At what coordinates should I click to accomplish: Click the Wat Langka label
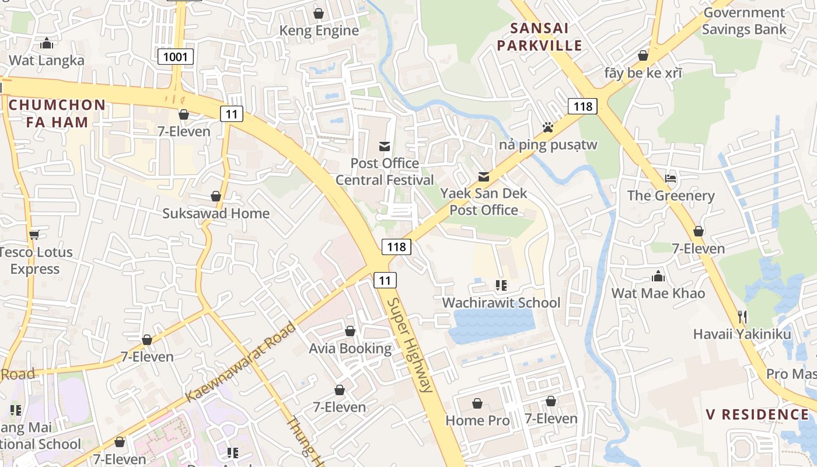(47, 60)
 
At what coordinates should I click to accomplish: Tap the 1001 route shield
(176, 57)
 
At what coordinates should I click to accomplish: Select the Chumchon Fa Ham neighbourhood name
(57, 114)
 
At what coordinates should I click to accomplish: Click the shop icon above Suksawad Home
(216, 196)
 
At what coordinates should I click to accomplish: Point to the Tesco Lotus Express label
(36, 260)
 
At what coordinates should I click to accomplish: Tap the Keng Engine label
(319, 30)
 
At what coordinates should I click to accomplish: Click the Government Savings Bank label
(743, 21)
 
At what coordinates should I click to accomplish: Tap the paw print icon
(547, 127)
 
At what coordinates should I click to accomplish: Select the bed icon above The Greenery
(671, 178)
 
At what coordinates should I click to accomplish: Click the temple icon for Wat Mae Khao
(658, 276)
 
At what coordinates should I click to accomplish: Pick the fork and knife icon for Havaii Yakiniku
(742, 316)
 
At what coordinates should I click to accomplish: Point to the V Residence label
(757, 414)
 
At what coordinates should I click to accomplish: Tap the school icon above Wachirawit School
(501, 285)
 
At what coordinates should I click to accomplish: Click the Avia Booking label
(350, 348)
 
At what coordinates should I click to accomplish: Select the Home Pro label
(477, 420)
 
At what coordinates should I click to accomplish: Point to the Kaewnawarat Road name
(241, 362)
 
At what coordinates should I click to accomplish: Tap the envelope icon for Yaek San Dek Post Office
(484, 176)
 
